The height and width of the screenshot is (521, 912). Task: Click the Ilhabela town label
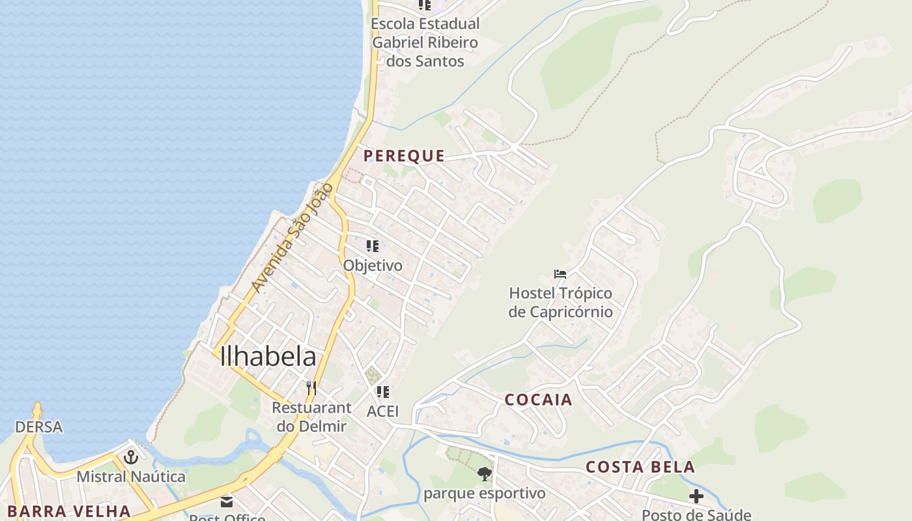point(268,356)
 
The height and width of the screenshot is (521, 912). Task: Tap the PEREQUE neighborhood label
point(405,156)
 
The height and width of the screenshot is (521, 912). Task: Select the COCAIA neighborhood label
point(539,400)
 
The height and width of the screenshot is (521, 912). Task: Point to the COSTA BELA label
point(640,467)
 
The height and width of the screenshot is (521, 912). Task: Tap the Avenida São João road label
point(292,238)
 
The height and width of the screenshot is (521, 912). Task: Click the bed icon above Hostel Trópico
point(560,274)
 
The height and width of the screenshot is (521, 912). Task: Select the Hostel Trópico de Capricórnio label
point(560,303)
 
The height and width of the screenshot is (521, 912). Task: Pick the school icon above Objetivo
point(373,246)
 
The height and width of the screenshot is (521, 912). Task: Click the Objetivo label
point(373,266)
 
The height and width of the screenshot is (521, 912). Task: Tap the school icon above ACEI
point(383,392)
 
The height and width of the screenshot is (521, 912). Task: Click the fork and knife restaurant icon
point(311,388)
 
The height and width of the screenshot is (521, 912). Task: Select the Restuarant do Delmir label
point(311,417)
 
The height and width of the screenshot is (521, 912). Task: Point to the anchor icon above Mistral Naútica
point(131,457)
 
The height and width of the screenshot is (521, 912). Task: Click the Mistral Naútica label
point(131,477)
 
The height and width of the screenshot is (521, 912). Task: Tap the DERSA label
point(39,427)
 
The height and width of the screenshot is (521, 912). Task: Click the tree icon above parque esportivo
point(484,474)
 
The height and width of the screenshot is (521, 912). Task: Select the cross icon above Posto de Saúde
point(696,496)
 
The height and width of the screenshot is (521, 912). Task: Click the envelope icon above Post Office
point(227,502)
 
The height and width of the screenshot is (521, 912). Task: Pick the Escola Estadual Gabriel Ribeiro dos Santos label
point(425,42)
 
